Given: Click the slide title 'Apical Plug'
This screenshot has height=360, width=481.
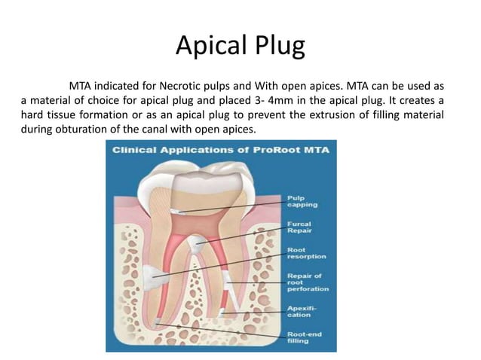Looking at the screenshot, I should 240,46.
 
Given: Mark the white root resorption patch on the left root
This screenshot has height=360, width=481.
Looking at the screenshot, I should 152,276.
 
